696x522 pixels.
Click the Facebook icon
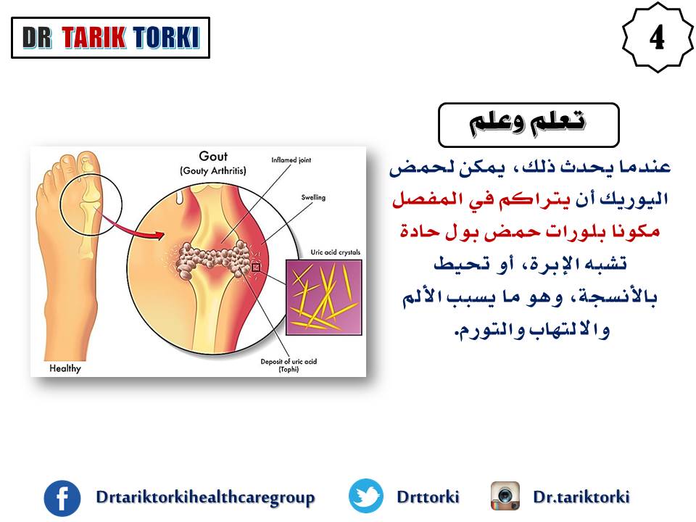(62, 498)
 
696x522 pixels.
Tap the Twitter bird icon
(365, 496)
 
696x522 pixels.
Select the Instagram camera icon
(505, 496)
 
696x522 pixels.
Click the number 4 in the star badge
(657, 37)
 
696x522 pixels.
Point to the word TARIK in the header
(94, 37)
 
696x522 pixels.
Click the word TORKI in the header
(166, 37)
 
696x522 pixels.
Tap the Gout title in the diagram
(213, 157)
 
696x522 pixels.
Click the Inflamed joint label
(291, 159)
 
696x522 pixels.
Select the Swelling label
(313, 197)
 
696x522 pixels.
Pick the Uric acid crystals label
(336, 252)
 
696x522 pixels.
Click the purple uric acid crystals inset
(323, 297)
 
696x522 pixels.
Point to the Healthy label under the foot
(65, 368)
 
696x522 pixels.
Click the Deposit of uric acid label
(289, 365)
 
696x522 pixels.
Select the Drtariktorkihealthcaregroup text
(205, 497)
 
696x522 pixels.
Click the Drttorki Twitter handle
(428, 496)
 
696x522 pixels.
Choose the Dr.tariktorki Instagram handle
(581, 496)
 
